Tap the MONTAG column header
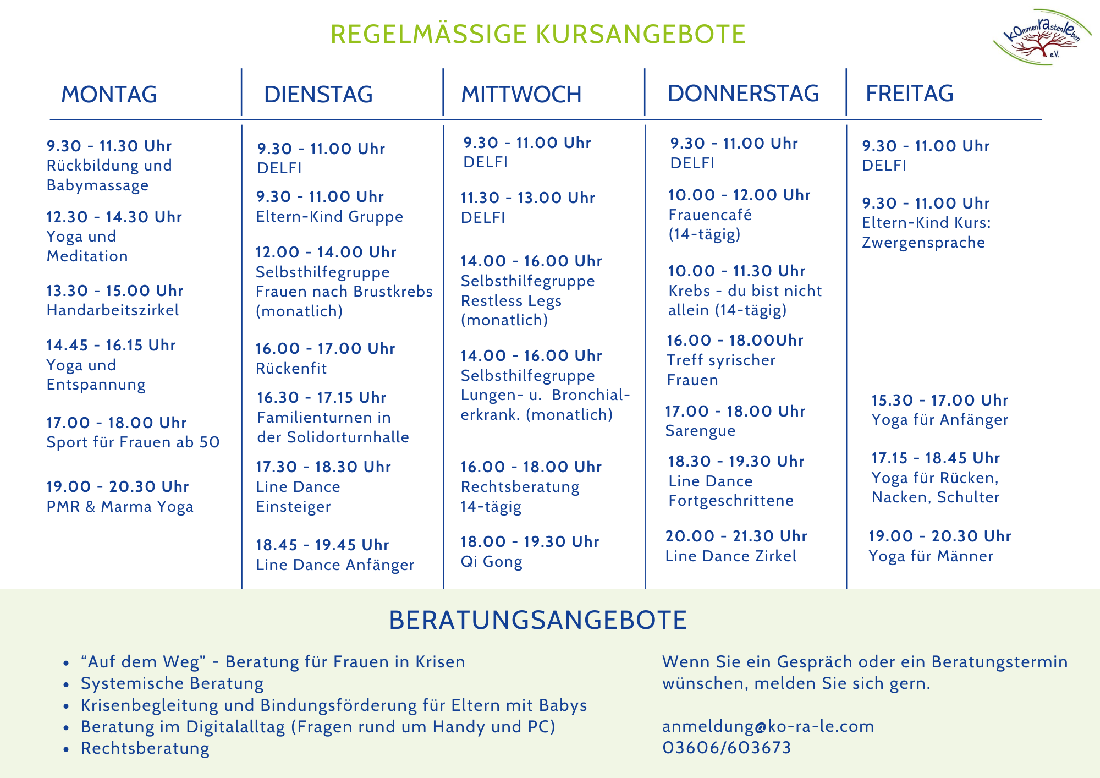click(x=109, y=95)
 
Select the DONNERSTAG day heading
click(x=743, y=94)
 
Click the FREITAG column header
click(x=910, y=94)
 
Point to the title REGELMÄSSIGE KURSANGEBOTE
click(x=538, y=34)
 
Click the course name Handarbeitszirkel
click(x=113, y=310)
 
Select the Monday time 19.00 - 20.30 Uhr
click(x=118, y=487)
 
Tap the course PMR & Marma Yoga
click(x=120, y=507)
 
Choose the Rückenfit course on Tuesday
click(x=291, y=369)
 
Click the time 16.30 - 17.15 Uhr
click(x=322, y=398)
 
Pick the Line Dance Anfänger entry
click(x=335, y=565)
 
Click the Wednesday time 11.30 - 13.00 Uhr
click(x=528, y=198)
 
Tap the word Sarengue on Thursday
click(x=700, y=431)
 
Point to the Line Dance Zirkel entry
click(x=731, y=556)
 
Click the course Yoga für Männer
click(x=931, y=556)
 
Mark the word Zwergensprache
click(x=923, y=243)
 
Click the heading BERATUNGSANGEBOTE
click(x=538, y=620)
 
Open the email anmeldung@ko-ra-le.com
click(x=768, y=726)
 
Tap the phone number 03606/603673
click(x=727, y=748)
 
